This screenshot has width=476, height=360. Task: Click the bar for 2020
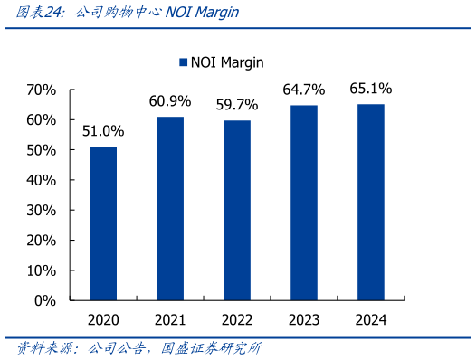click(x=103, y=223)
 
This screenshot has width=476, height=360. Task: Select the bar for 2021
click(x=170, y=208)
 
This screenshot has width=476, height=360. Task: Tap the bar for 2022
click(x=237, y=210)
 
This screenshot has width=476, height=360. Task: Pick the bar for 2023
click(x=304, y=203)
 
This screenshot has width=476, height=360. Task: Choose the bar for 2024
click(x=371, y=202)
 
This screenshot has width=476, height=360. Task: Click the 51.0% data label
click(x=103, y=131)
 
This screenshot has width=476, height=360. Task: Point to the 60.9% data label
click(x=170, y=101)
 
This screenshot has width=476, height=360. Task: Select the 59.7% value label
click(x=237, y=105)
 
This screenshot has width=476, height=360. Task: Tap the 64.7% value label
click(x=304, y=90)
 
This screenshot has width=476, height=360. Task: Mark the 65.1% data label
click(x=371, y=89)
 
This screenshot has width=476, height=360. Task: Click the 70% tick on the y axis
click(x=41, y=90)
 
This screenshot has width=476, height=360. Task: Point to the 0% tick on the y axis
click(x=46, y=300)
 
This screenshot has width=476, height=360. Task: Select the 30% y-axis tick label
click(x=41, y=211)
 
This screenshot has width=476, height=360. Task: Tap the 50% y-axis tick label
click(x=41, y=150)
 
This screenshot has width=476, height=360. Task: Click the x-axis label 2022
click(x=237, y=319)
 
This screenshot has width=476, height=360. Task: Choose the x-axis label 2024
click(x=371, y=319)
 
